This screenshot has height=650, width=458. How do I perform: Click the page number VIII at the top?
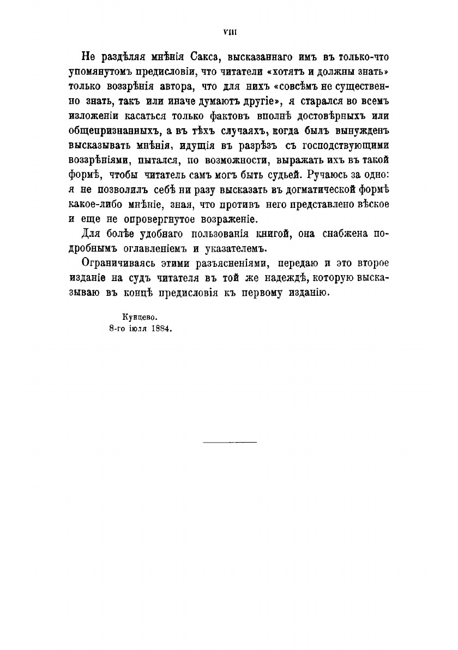pos(228,33)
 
